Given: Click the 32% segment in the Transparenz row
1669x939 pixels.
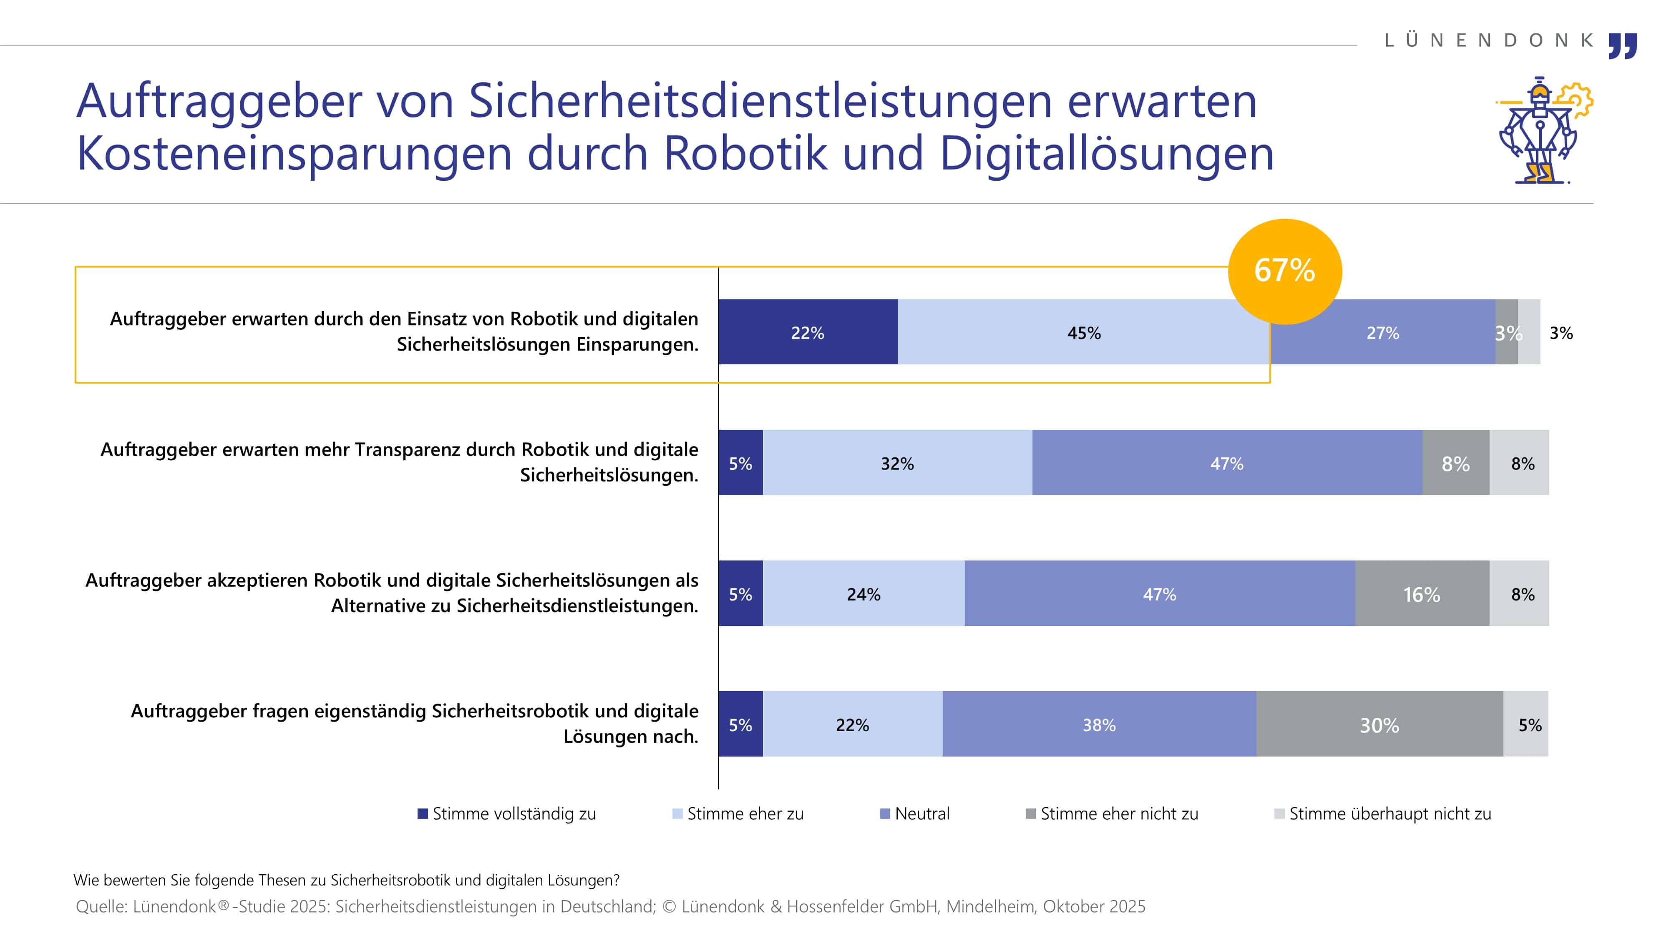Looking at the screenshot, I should (x=897, y=463).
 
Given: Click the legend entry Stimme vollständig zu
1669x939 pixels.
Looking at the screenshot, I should (x=507, y=813).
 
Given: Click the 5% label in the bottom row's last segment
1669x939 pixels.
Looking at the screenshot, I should (x=1529, y=724).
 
